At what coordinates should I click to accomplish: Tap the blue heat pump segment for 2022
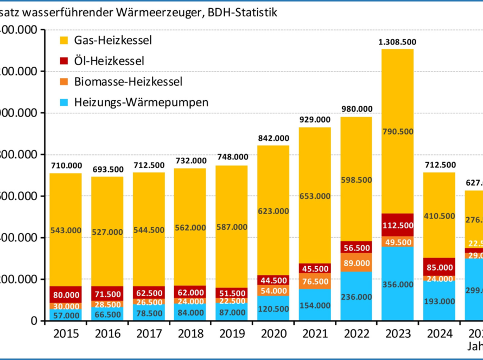[x=356, y=296]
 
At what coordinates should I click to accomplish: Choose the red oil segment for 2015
[x=65, y=294]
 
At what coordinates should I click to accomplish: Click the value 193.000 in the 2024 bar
[x=439, y=300]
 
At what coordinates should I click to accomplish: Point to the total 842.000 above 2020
[x=273, y=138]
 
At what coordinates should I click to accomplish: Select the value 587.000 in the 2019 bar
[x=232, y=227]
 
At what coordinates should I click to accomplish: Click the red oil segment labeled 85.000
[x=439, y=267]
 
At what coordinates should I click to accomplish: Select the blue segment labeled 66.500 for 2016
[x=107, y=314]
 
